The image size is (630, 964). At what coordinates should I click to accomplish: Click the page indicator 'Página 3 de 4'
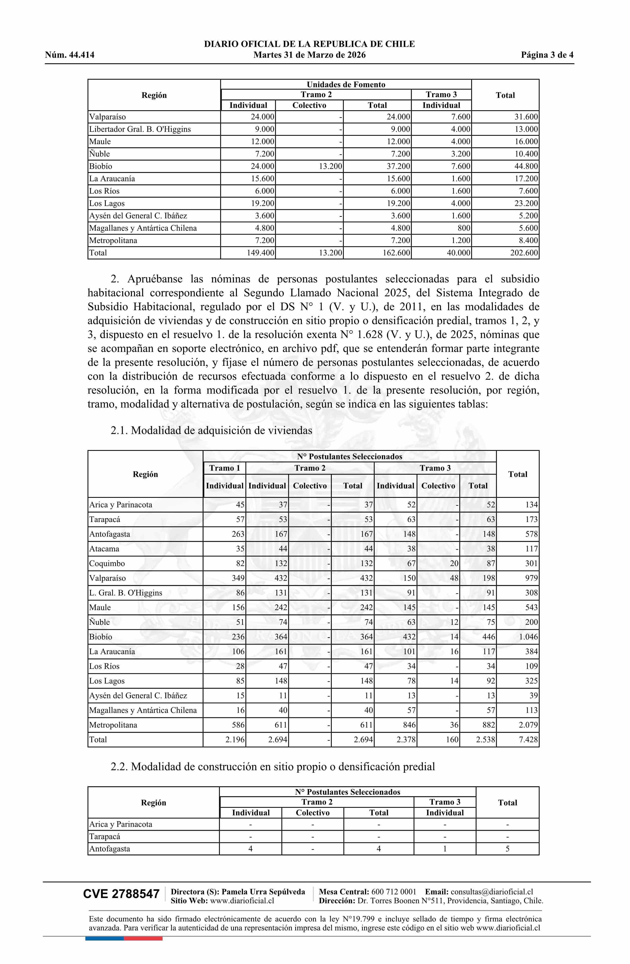[x=547, y=55]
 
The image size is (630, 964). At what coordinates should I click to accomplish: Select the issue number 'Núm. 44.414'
[x=70, y=55]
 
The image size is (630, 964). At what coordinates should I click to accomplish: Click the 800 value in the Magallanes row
[x=463, y=228]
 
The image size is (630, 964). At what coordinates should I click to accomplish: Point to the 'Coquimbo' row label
[x=107, y=563]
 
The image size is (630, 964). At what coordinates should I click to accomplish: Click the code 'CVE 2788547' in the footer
[x=121, y=894]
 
